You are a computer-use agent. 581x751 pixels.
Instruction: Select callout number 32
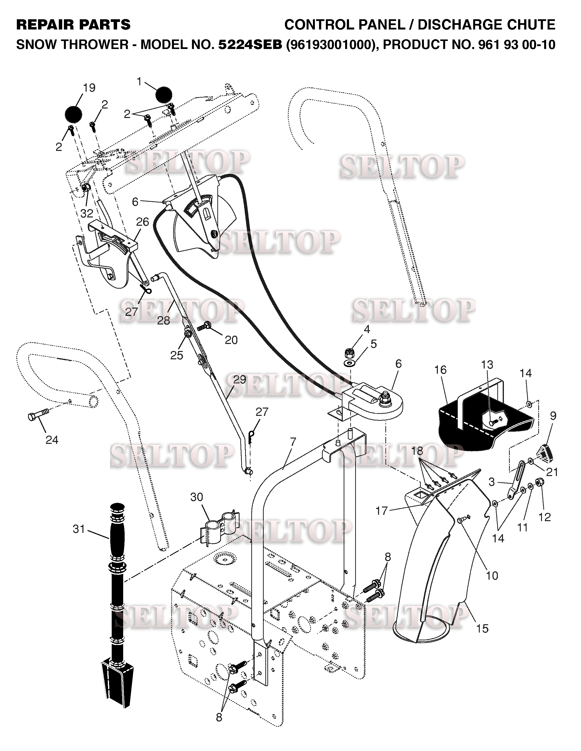pos(87,214)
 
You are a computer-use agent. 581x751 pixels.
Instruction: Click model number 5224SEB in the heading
pos(250,44)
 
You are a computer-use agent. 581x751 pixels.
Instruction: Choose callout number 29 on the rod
pos(240,379)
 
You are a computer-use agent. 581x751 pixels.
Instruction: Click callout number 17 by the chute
pos(381,511)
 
